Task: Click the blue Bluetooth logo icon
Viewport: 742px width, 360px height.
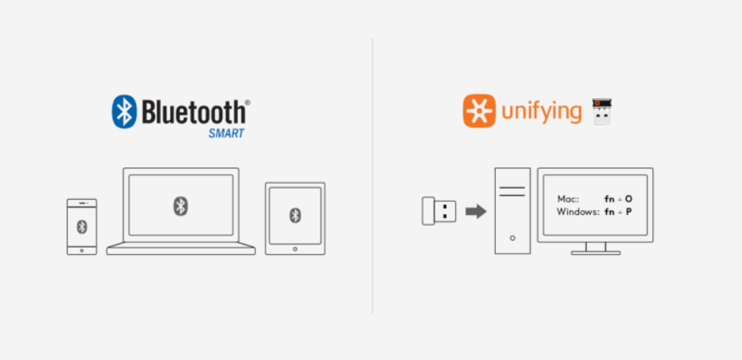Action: pyautogui.click(x=124, y=112)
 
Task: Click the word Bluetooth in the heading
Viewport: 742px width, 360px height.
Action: pyautogui.click(x=194, y=112)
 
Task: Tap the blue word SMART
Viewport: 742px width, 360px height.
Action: pyautogui.click(x=226, y=134)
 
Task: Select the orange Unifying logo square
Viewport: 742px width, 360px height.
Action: pyautogui.click(x=479, y=111)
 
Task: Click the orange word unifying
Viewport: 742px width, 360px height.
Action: pyautogui.click(x=542, y=111)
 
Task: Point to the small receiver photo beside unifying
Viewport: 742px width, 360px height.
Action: pyautogui.click(x=602, y=111)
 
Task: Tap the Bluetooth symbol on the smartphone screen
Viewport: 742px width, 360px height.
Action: pyautogui.click(x=82, y=226)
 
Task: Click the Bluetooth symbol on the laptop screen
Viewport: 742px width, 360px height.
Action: pyautogui.click(x=180, y=206)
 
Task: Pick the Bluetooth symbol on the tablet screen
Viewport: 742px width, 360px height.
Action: pyautogui.click(x=295, y=215)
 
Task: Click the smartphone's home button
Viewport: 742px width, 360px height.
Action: pyautogui.click(x=82, y=250)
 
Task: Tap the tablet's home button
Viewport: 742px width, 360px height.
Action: pyautogui.click(x=295, y=249)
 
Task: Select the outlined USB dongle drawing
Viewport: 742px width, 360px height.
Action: pyautogui.click(x=439, y=210)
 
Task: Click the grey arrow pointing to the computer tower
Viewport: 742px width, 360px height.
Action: pyautogui.click(x=475, y=211)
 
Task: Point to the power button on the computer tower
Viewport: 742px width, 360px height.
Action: pyautogui.click(x=513, y=238)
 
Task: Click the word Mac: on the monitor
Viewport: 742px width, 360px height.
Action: pyautogui.click(x=568, y=199)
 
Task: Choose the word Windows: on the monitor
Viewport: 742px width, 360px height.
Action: pyautogui.click(x=578, y=211)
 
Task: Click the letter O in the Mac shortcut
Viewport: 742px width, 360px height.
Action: pyautogui.click(x=628, y=199)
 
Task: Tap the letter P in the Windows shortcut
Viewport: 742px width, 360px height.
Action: pyautogui.click(x=628, y=211)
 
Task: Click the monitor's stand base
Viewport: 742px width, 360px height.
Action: pyautogui.click(x=595, y=253)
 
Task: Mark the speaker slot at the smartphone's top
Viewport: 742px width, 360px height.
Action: pyautogui.click(x=82, y=203)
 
